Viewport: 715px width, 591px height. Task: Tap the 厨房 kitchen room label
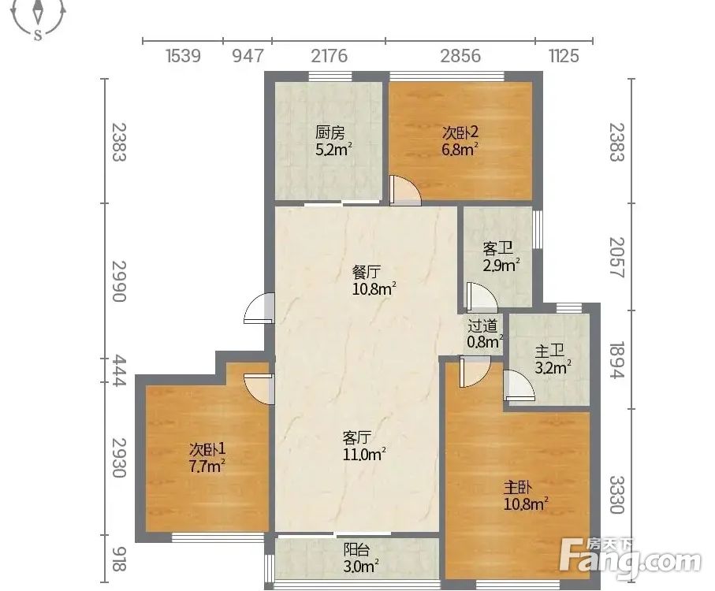coord(330,133)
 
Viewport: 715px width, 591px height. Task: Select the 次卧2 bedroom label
coord(460,132)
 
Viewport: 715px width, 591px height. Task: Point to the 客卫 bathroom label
coord(497,249)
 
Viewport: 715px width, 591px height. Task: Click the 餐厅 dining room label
coord(367,273)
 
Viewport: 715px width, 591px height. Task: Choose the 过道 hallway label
coord(482,325)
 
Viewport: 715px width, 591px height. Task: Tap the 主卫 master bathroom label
coord(549,351)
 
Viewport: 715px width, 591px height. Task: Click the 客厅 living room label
coord(357,438)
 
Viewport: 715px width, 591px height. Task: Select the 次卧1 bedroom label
coord(207,450)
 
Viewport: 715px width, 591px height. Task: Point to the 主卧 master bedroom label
coord(518,488)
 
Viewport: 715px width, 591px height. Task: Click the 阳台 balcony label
coord(356,549)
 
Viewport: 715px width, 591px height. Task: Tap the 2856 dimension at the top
coord(460,56)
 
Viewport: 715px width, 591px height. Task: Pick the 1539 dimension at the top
coord(183,56)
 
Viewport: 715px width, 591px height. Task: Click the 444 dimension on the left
coord(118,370)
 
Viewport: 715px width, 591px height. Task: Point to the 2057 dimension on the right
coord(616,257)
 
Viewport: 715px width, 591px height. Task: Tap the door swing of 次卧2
coord(405,189)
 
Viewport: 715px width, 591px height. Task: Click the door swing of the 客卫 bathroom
coord(481,298)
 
